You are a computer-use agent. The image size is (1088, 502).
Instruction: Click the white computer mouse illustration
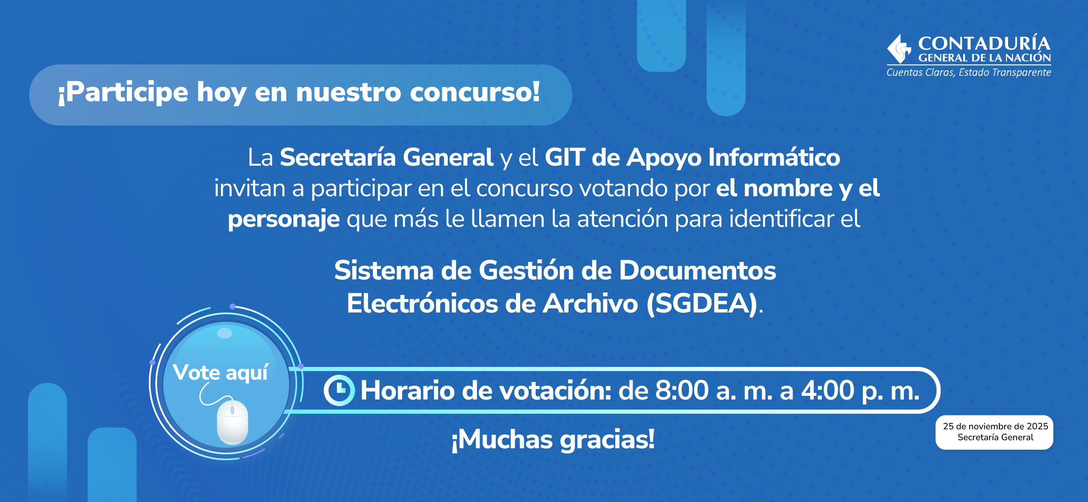click(232, 422)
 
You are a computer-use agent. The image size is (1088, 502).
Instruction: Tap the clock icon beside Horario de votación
click(339, 390)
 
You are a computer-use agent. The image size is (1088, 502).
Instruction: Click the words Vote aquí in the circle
click(220, 372)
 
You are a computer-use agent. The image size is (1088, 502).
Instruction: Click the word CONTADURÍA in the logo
click(984, 44)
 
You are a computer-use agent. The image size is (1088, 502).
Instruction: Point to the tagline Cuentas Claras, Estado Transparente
click(968, 73)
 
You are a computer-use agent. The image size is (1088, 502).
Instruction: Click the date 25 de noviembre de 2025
click(995, 426)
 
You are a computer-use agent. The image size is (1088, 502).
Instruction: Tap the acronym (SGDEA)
click(701, 304)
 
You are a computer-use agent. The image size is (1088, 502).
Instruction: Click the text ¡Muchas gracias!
click(553, 440)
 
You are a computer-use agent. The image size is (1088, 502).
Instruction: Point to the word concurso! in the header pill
click(475, 92)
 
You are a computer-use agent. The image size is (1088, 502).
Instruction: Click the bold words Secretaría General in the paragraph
click(387, 157)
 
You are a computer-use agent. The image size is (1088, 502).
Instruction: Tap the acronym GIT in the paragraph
click(565, 157)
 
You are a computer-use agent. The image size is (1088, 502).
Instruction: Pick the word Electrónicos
click(422, 304)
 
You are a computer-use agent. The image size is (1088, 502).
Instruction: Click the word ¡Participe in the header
click(123, 93)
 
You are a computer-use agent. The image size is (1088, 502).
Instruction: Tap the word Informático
click(774, 157)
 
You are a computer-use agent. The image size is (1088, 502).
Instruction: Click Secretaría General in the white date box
click(995, 438)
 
